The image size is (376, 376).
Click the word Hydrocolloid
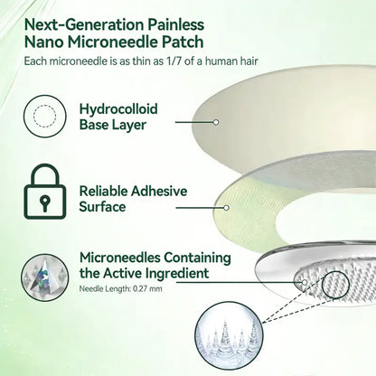[x=118, y=108]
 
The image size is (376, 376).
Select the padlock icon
[x=45, y=192]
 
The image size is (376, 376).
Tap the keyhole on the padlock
[x=45, y=202]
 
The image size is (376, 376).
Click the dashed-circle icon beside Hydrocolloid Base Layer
[x=45, y=117]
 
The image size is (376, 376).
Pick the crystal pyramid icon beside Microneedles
[x=45, y=277]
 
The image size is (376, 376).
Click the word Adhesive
[x=159, y=191]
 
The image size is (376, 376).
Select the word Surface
[x=102, y=207]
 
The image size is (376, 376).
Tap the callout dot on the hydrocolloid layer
[x=216, y=122]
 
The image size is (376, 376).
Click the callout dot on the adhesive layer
[x=227, y=208]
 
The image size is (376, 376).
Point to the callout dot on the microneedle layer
[x=305, y=282]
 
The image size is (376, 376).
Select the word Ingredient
[x=177, y=274]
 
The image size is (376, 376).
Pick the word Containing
[x=197, y=258]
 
